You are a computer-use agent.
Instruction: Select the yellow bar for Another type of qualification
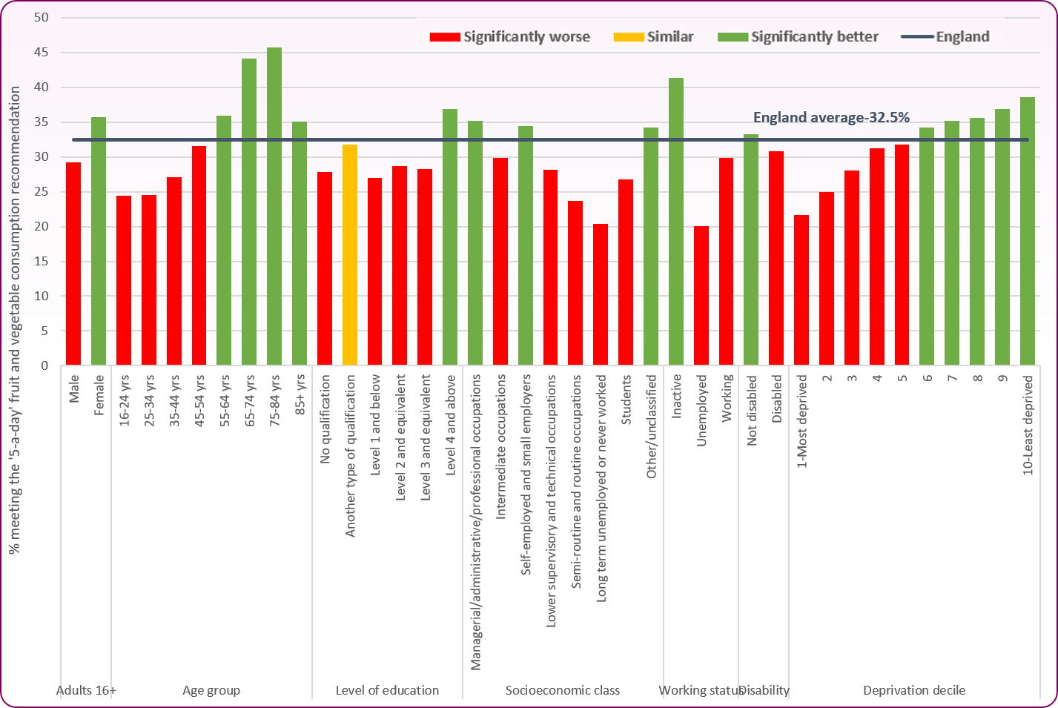point(350,255)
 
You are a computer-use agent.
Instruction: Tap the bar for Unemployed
point(701,296)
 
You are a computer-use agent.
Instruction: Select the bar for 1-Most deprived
point(801,290)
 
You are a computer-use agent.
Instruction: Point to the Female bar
point(99,241)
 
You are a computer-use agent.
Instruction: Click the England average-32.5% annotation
point(831,118)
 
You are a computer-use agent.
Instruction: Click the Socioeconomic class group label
point(563,690)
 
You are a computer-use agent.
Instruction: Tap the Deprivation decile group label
point(914,690)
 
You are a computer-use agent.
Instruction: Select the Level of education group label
point(387,690)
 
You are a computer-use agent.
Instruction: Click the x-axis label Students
point(626,400)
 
